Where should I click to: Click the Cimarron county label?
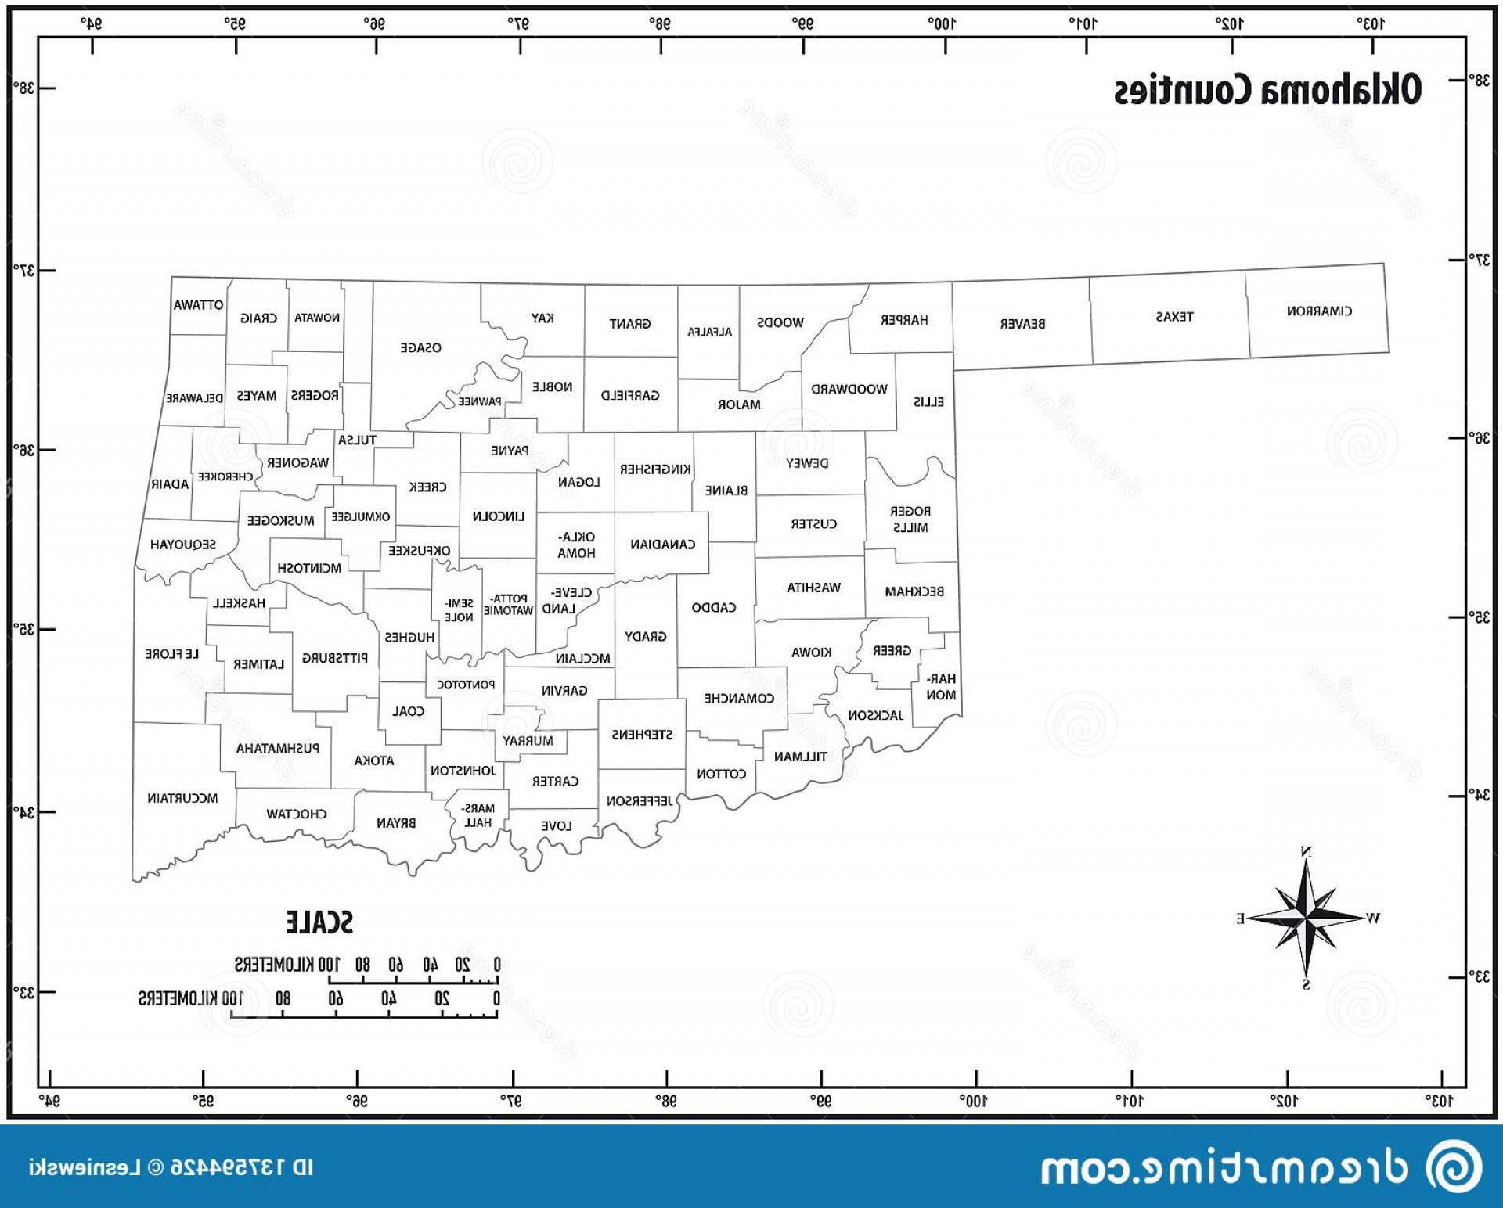[1319, 311]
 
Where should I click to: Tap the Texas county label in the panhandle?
[1174, 317]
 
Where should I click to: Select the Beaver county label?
[1022, 324]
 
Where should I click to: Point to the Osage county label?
[420, 347]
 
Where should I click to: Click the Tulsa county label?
[357, 440]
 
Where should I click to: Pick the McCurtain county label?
[182, 798]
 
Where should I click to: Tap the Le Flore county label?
[172, 653]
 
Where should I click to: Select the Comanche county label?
[738, 698]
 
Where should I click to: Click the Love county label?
[556, 825]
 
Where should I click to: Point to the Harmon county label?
[941, 686]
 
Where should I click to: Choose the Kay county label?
[542, 318]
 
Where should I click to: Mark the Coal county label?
[408, 711]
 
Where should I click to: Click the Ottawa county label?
[198, 305]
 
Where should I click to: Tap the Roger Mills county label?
[910, 519]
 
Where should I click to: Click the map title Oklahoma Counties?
[1267, 90]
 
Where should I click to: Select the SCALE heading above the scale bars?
[319, 922]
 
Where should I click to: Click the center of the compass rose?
[1306, 916]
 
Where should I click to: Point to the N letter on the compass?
[1306, 851]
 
